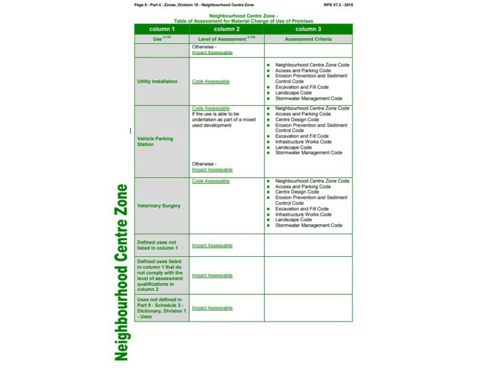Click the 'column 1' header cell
[x=162, y=29]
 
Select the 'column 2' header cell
[x=227, y=29]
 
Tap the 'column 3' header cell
[x=308, y=29]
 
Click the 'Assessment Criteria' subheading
[x=308, y=39]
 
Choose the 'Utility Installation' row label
[x=157, y=81]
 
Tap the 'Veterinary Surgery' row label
[x=158, y=206]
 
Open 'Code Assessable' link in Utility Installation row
[x=210, y=81]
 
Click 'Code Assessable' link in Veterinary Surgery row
[x=210, y=181]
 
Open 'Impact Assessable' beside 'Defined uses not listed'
[x=212, y=245]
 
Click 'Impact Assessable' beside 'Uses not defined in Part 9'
[x=212, y=308]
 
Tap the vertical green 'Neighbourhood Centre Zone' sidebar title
[x=121, y=272]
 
